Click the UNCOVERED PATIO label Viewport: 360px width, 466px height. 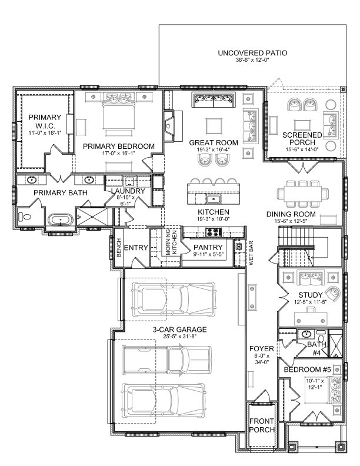[x=252, y=53]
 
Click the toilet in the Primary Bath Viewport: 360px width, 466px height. [x=24, y=218]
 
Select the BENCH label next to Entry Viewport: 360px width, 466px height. [x=118, y=247]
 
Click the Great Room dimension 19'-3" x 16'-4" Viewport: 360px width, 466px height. [x=214, y=150]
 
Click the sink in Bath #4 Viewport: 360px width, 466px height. [x=306, y=335]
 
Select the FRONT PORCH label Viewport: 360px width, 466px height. [x=261, y=425]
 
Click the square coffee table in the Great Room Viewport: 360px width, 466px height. [x=214, y=125]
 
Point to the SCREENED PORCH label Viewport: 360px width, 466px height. [x=302, y=139]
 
